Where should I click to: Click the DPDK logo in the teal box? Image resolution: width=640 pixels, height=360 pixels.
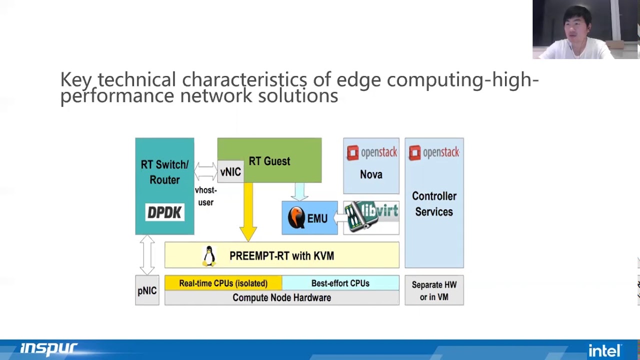click(164, 212)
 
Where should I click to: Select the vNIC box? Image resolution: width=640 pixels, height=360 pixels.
click(230, 172)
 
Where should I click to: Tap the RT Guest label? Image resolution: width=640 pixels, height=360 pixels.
click(269, 161)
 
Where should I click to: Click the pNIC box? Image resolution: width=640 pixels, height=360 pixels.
click(147, 290)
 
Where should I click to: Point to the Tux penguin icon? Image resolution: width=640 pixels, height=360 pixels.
click(209, 256)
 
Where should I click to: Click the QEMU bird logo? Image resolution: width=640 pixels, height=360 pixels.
click(296, 218)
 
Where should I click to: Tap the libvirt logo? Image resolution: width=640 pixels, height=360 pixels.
click(371, 217)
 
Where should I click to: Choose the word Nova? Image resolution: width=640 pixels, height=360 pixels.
click(371, 174)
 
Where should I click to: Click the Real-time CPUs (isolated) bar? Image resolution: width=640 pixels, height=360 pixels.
click(223, 283)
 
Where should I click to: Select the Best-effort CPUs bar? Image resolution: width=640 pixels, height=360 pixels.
click(340, 283)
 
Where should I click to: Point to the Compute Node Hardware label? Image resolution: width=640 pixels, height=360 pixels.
click(281, 297)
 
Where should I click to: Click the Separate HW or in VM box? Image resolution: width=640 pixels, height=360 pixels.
click(434, 290)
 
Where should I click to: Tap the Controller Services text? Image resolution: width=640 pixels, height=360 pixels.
click(434, 204)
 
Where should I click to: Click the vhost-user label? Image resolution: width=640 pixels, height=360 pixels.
click(205, 196)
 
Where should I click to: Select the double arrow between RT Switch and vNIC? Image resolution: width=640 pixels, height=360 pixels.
click(205, 171)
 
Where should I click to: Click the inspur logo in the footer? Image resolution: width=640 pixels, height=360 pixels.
click(48, 348)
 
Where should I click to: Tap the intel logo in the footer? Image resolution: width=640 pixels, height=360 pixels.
click(604, 350)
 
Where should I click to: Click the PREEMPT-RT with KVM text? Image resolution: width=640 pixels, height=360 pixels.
click(281, 256)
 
